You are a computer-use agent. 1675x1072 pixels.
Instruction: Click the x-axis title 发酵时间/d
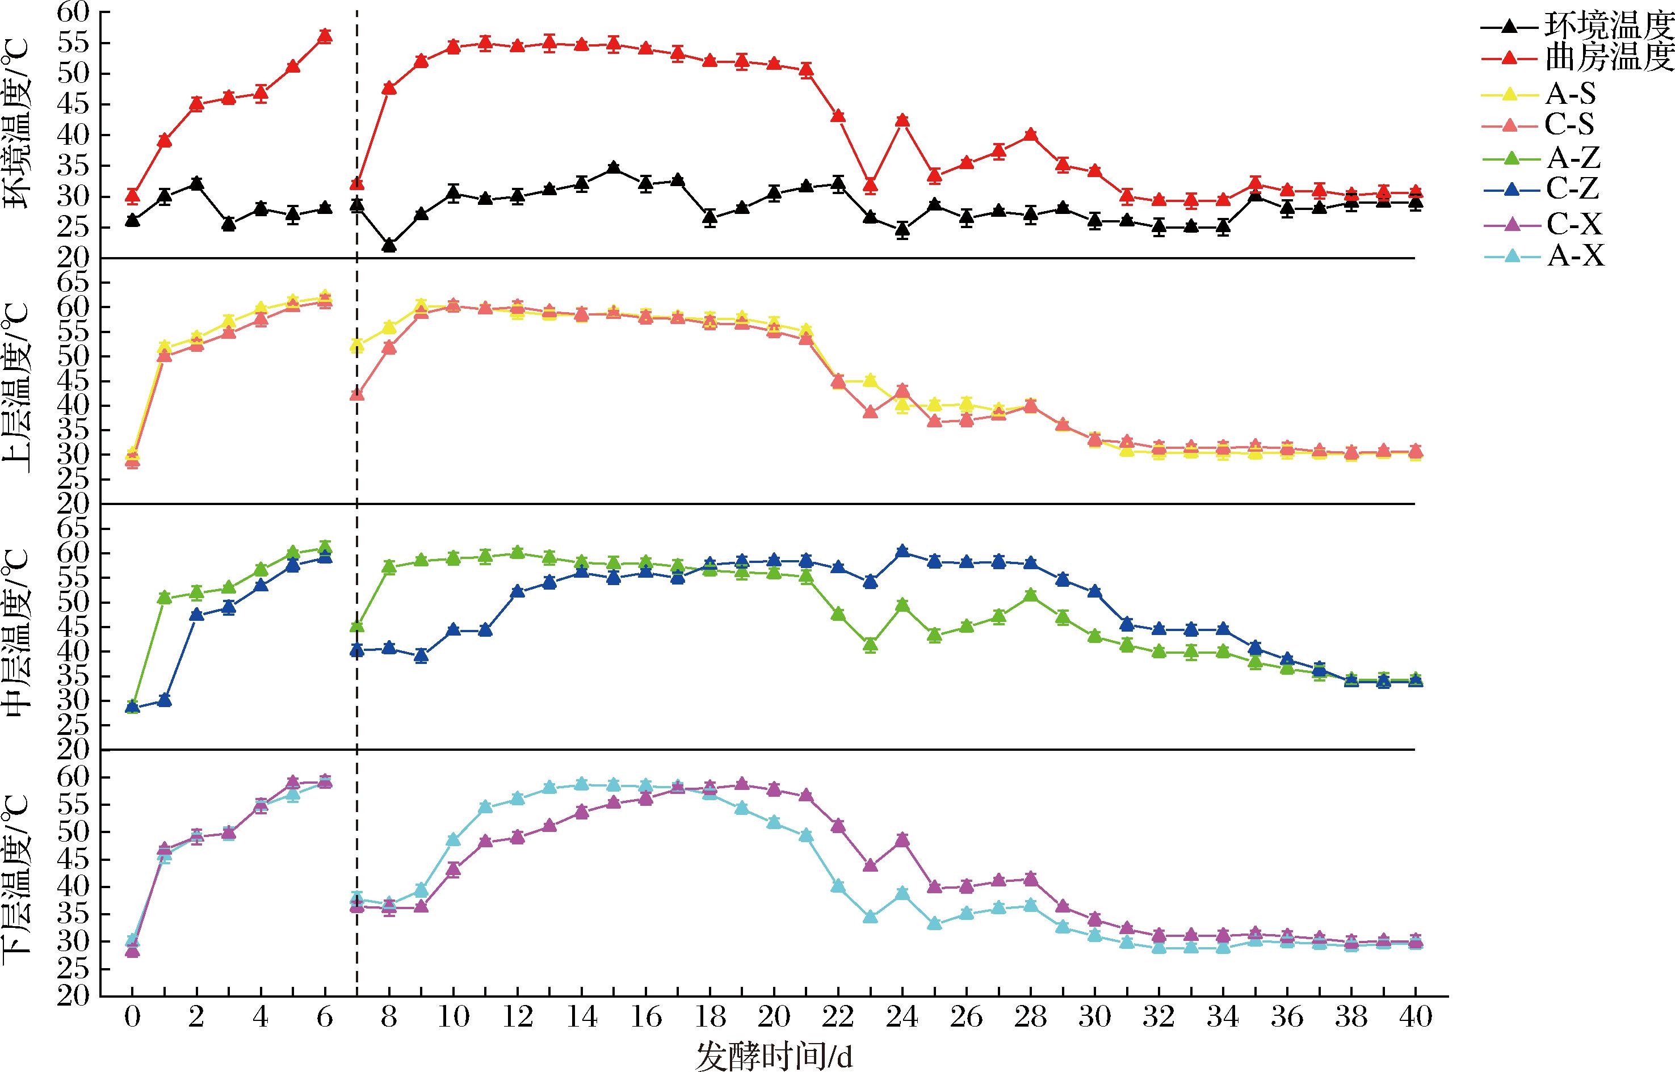pos(774,1057)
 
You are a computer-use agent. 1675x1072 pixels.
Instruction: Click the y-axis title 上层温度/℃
pos(16,388)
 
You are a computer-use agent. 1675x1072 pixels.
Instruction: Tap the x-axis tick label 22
pos(838,1017)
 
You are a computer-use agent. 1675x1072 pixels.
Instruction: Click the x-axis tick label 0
pos(132,1017)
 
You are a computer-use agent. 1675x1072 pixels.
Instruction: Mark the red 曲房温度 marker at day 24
pos(902,120)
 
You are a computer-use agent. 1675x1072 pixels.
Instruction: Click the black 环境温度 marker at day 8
pos(389,245)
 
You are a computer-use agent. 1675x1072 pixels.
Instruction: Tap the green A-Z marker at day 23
pos(870,645)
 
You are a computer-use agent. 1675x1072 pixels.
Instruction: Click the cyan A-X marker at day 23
pos(870,917)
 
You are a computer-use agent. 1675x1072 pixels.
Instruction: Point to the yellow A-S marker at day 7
pos(357,344)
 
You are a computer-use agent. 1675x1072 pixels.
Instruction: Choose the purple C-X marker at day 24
pos(902,839)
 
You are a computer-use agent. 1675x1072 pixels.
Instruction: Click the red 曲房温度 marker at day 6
pos(325,36)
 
